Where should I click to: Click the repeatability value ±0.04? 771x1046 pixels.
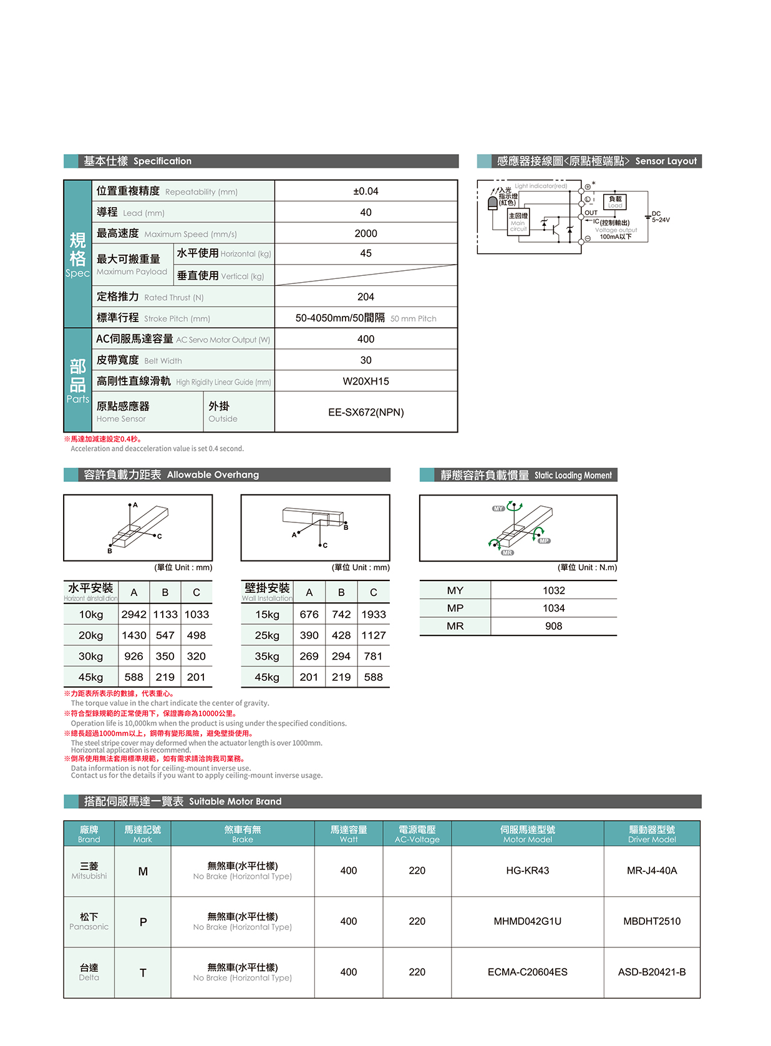pyautogui.click(x=366, y=191)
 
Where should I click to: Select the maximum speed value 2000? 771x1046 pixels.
pyautogui.click(x=366, y=233)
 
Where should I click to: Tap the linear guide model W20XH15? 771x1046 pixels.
pyautogui.click(x=366, y=381)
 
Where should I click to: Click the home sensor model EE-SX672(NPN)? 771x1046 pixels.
pyautogui.click(x=366, y=412)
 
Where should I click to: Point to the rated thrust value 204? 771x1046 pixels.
pyautogui.click(x=366, y=297)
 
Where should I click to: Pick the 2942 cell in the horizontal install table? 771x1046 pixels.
pyautogui.click(x=133, y=615)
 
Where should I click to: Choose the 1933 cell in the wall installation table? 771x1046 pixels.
pyautogui.click(x=373, y=615)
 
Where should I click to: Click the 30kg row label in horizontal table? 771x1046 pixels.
pyautogui.click(x=90, y=657)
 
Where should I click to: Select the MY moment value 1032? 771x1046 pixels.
pyautogui.click(x=553, y=590)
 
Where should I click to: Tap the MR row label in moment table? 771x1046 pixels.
pyautogui.click(x=455, y=626)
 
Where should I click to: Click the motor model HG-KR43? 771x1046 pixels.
pyautogui.click(x=527, y=871)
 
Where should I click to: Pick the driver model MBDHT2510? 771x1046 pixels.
pyautogui.click(x=652, y=921)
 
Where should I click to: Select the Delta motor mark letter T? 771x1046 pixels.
pyautogui.click(x=143, y=972)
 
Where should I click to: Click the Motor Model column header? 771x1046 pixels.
pyautogui.click(x=527, y=834)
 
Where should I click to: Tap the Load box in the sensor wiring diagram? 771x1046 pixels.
pyautogui.click(x=614, y=202)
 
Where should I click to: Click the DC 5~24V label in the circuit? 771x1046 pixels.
pyautogui.click(x=660, y=217)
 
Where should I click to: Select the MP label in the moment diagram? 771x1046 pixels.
pyautogui.click(x=544, y=540)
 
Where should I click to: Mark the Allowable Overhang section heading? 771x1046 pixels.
pyautogui.click(x=172, y=475)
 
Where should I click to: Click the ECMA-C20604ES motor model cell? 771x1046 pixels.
pyautogui.click(x=527, y=972)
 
